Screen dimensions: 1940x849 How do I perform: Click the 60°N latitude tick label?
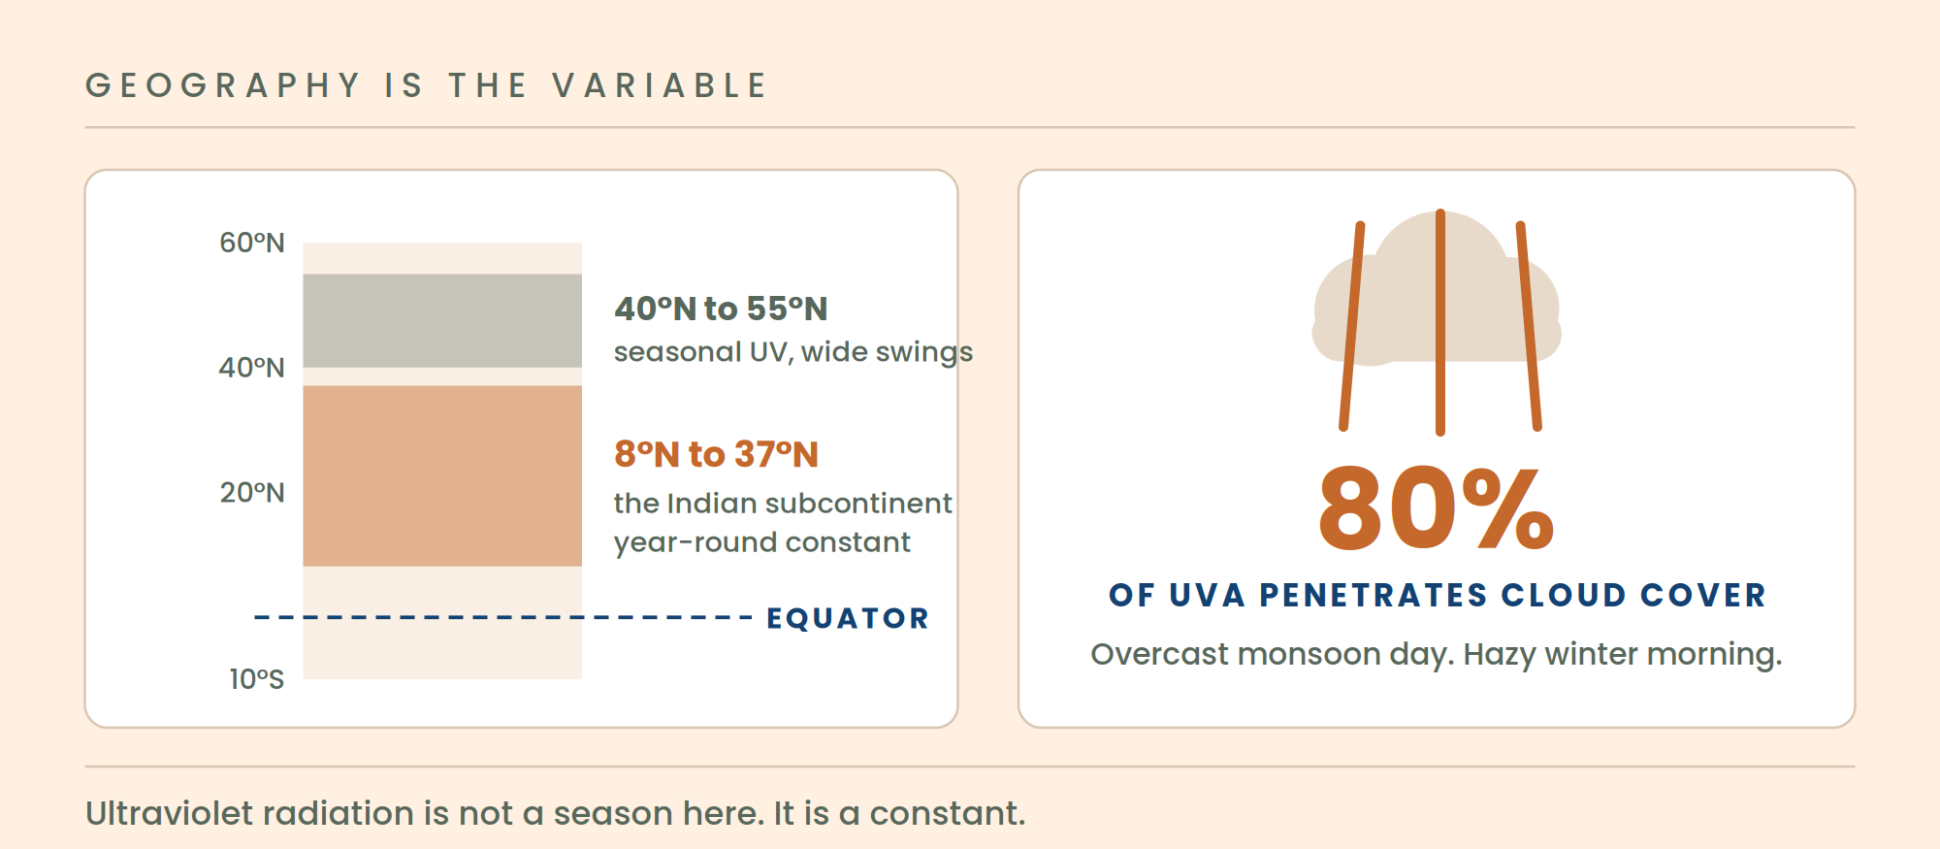(x=252, y=243)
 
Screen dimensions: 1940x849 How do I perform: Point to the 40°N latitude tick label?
(x=252, y=368)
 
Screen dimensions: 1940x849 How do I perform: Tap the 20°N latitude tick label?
(x=252, y=493)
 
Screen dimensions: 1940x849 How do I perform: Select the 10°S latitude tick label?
(x=257, y=679)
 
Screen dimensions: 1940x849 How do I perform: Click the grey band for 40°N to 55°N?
(x=442, y=320)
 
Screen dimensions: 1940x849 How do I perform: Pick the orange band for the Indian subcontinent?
(x=442, y=475)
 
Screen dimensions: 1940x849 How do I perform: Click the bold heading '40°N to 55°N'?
(x=721, y=309)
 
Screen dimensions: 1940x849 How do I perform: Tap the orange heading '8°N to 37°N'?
(x=716, y=454)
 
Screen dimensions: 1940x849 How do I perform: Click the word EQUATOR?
(x=848, y=618)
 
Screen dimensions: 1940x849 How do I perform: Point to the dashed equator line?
(x=503, y=617)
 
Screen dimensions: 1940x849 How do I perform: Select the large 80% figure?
(x=1436, y=507)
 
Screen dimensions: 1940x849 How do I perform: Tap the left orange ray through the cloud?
(x=1352, y=326)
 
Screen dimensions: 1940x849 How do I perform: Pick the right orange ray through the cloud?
(x=1529, y=326)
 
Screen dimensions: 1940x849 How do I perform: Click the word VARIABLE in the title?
(x=660, y=85)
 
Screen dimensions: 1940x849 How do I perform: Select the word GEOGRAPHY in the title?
(x=223, y=85)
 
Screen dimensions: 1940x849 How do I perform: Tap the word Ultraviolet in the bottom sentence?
(x=170, y=813)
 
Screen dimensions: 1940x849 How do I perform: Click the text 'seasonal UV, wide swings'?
(x=793, y=352)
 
